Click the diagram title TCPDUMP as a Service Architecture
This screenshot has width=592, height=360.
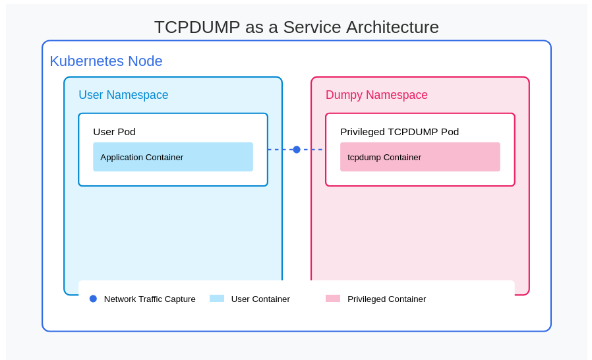(296, 27)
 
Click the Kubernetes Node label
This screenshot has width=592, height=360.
(105, 61)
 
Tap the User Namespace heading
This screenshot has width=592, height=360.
(123, 95)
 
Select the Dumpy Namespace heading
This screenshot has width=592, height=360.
(376, 95)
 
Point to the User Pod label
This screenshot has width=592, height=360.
(114, 132)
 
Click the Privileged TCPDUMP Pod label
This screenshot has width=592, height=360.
(399, 132)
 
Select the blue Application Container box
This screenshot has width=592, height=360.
(173, 157)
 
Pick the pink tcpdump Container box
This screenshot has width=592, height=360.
(420, 157)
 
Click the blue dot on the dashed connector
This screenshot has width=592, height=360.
(297, 150)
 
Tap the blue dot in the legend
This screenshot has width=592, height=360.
(93, 299)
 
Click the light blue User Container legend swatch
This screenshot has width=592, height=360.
(217, 299)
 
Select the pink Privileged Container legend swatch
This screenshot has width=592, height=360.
(333, 299)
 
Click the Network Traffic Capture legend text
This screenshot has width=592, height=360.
(150, 299)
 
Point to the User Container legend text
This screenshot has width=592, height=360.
(260, 299)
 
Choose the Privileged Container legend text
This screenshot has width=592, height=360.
(386, 299)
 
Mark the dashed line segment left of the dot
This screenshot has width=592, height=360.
(280, 150)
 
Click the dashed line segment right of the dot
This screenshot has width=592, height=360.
(312, 150)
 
